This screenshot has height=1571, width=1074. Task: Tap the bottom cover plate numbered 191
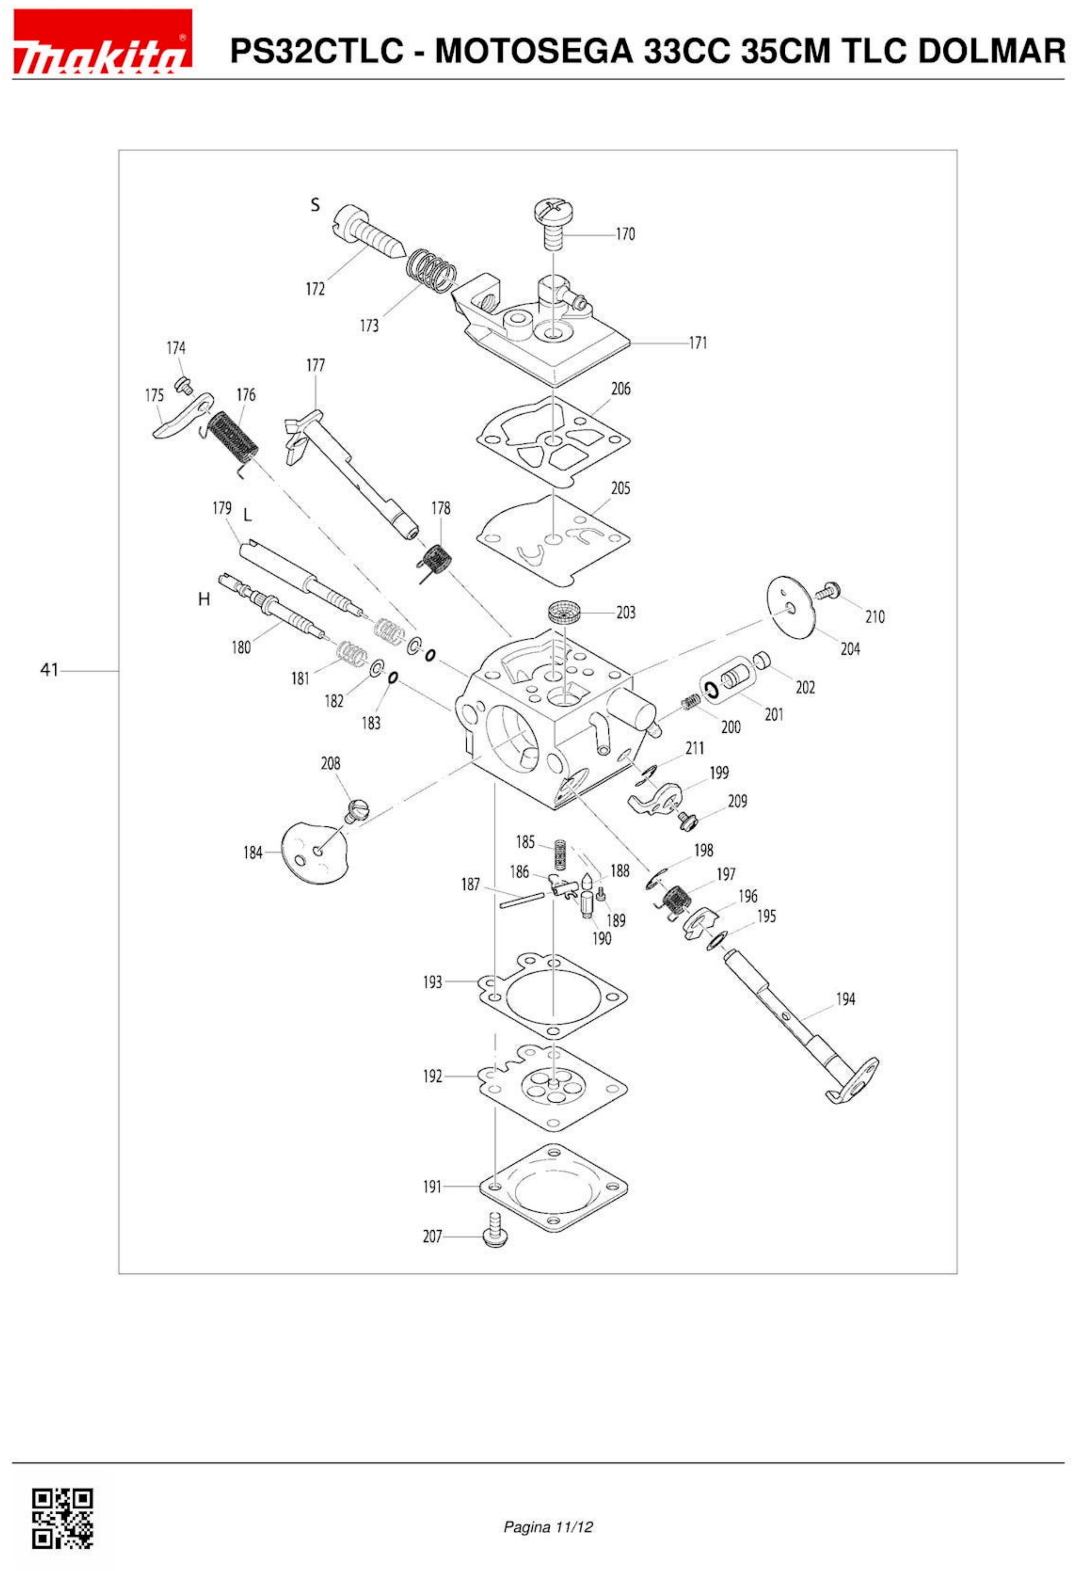pyautogui.click(x=553, y=1187)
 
